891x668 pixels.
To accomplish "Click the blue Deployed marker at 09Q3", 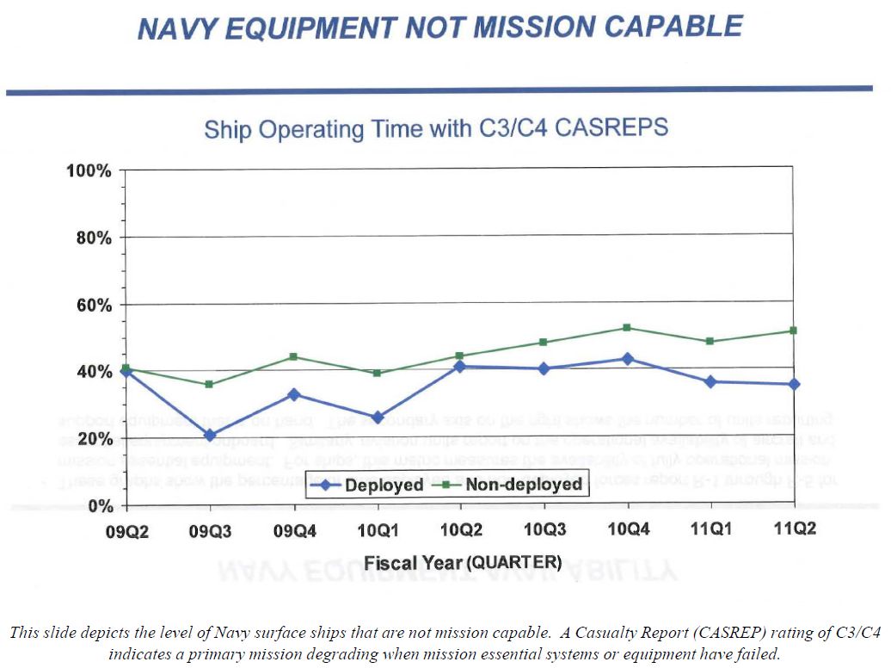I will [x=210, y=436].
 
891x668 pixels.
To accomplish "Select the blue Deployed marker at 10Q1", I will [x=377, y=417].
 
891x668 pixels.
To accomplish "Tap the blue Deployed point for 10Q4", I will [x=628, y=358].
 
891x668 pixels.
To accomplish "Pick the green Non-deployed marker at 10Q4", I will [x=628, y=327].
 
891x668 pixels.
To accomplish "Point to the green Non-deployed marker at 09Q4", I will [x=294, y=356].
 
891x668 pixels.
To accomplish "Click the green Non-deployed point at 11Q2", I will [x=793, y=331].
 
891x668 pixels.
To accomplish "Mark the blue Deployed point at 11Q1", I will [x=710, y=381].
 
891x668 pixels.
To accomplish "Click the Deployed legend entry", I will [x=368, y=485].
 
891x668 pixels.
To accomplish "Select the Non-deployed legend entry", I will [x=513, y=485].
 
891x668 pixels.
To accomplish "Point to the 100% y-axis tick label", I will [x=89, y=170].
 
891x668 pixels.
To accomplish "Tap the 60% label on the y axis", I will [x=94, y=305].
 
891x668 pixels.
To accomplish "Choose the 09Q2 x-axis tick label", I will [x=127, y=531].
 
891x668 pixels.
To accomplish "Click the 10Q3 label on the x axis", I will [x=544, y=529].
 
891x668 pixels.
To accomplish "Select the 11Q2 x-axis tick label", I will [x=793, y=529].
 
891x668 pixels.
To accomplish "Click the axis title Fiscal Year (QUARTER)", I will [x=463, y=563].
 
